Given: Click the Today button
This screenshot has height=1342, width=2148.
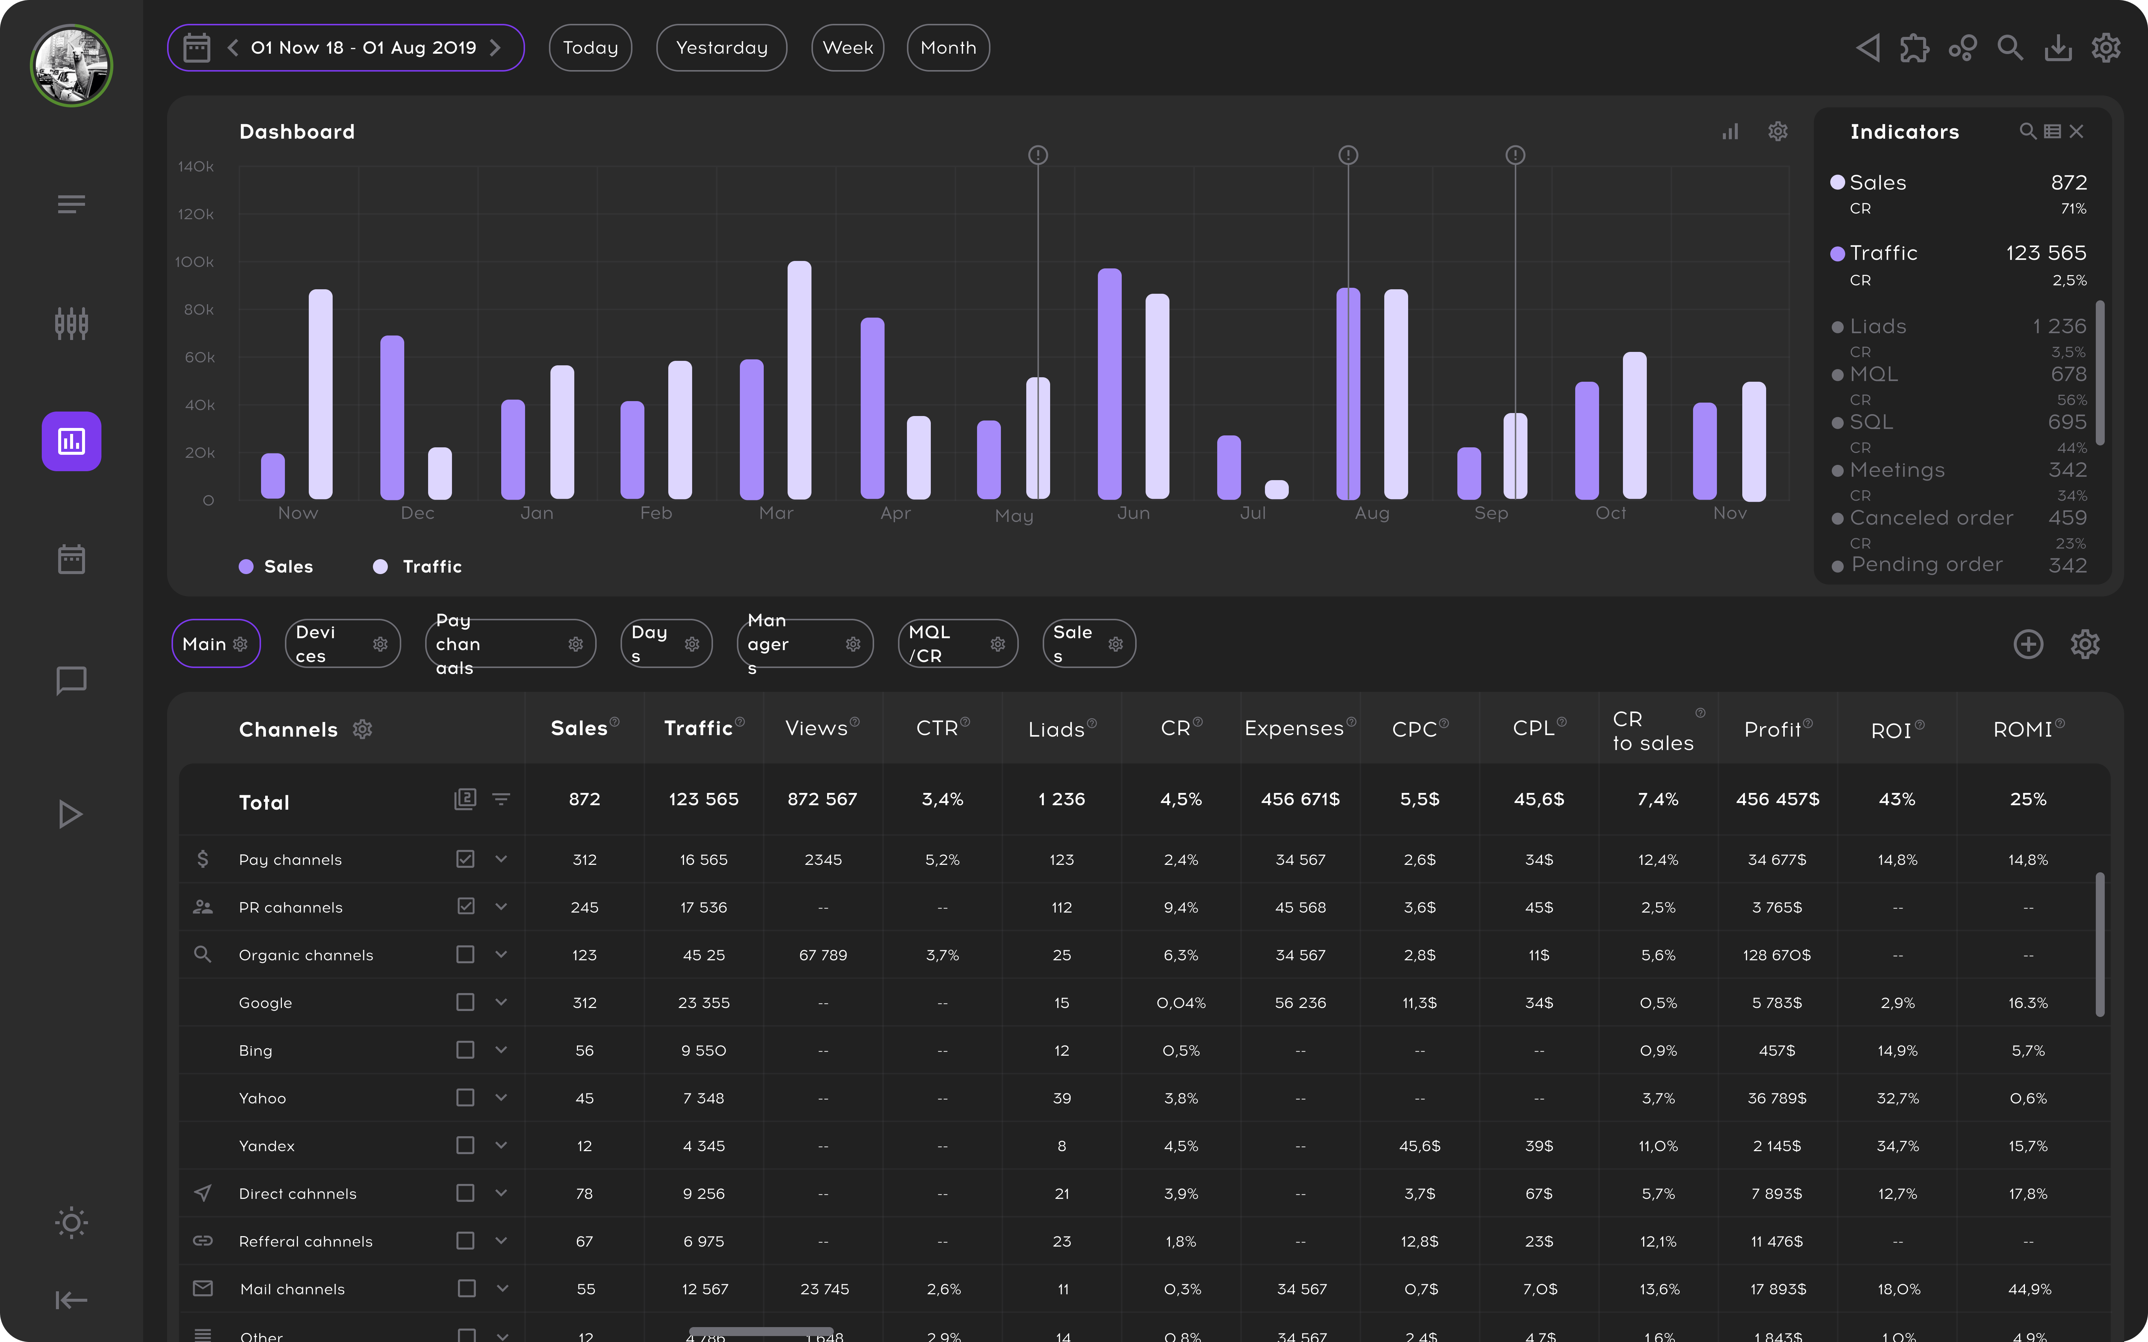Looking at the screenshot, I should click(x=590, y=48).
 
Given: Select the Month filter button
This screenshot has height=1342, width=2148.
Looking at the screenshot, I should click(x=948, y=48).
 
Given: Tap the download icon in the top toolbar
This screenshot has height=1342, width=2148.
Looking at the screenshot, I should click(x=2057, y=48).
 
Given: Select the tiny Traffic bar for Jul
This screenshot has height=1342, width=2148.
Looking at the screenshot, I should click(x=1276, y=489).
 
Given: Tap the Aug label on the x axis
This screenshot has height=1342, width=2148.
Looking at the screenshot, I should click(x=1371, y=513).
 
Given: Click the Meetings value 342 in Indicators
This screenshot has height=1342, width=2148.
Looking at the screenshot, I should click(x=2067, y=470).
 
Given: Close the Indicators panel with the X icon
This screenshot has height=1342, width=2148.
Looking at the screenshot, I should click(x=2076, y=131).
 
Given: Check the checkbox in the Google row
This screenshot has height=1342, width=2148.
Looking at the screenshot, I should click(x=465, y=1002).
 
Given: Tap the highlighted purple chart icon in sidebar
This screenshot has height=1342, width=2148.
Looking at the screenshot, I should click(x=71, y=441).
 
